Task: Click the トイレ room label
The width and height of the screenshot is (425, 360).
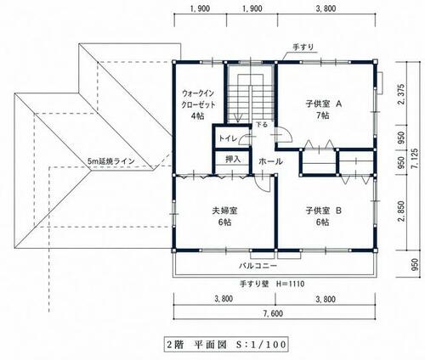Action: (228, 138)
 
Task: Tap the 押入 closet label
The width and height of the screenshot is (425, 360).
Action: (233, 160)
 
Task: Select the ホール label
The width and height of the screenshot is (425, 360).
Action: (270, 161)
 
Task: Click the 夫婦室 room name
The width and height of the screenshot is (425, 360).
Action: (224, 211)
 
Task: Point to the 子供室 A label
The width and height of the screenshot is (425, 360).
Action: (324, 104)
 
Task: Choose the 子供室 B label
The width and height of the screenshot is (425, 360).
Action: (324, 211)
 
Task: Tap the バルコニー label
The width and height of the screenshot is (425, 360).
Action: (258, 266)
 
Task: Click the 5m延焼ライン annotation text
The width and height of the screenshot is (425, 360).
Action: (111, 161)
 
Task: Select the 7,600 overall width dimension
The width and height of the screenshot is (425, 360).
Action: (273, 313)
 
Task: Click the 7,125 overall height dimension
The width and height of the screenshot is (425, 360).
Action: (415, 160)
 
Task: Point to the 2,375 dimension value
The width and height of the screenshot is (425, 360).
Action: (401, 94)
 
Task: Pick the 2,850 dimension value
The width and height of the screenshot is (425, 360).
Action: (401, 211)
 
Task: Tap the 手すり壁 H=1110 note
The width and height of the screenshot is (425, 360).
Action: (272, 284)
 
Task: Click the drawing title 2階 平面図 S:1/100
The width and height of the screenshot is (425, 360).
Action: (226, 345)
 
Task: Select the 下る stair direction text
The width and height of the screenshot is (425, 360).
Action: (262, 124)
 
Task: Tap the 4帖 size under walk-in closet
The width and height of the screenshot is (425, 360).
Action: (197, 115)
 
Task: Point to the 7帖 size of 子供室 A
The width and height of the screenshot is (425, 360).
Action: (323, 115)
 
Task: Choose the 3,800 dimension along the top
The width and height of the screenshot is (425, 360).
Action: (326, 8)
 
